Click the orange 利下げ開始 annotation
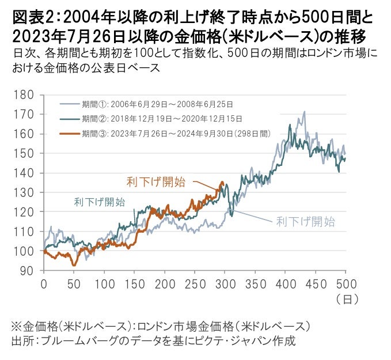(156, 182)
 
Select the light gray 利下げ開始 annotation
(305, 221)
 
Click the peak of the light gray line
(304, 112)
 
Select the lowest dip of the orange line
(74, 265)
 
